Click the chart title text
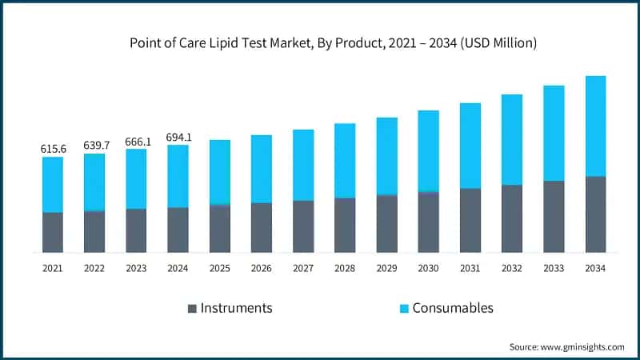320,42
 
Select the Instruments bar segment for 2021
53,232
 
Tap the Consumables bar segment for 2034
595,126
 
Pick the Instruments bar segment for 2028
345,225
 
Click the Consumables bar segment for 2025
220,172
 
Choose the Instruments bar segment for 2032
512,218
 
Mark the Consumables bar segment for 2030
428,151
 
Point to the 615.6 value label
53,150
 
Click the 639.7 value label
94,146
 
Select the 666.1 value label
136,142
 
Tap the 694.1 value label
178,138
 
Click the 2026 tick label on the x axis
262,269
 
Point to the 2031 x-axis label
470,269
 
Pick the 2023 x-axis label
136,269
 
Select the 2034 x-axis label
595,269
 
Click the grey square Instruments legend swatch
192,308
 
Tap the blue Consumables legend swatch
404,308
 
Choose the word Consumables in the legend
453,308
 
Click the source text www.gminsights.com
582,346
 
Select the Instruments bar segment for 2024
178,230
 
